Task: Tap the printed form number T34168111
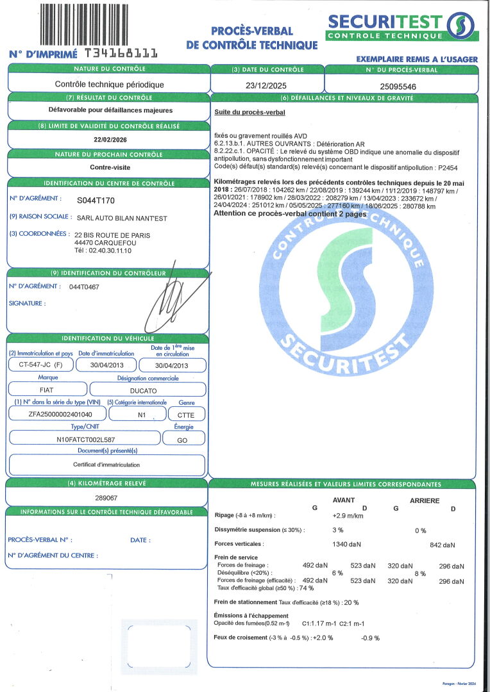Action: (121, 53)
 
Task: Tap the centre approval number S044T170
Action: (95, 200)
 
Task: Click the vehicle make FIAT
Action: (47, 389)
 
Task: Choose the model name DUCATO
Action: (148, 389)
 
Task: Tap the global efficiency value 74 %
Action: (307, 588)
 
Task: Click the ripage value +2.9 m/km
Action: (348, 515)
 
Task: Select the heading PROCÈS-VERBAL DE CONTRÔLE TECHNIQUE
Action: (251, 38)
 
